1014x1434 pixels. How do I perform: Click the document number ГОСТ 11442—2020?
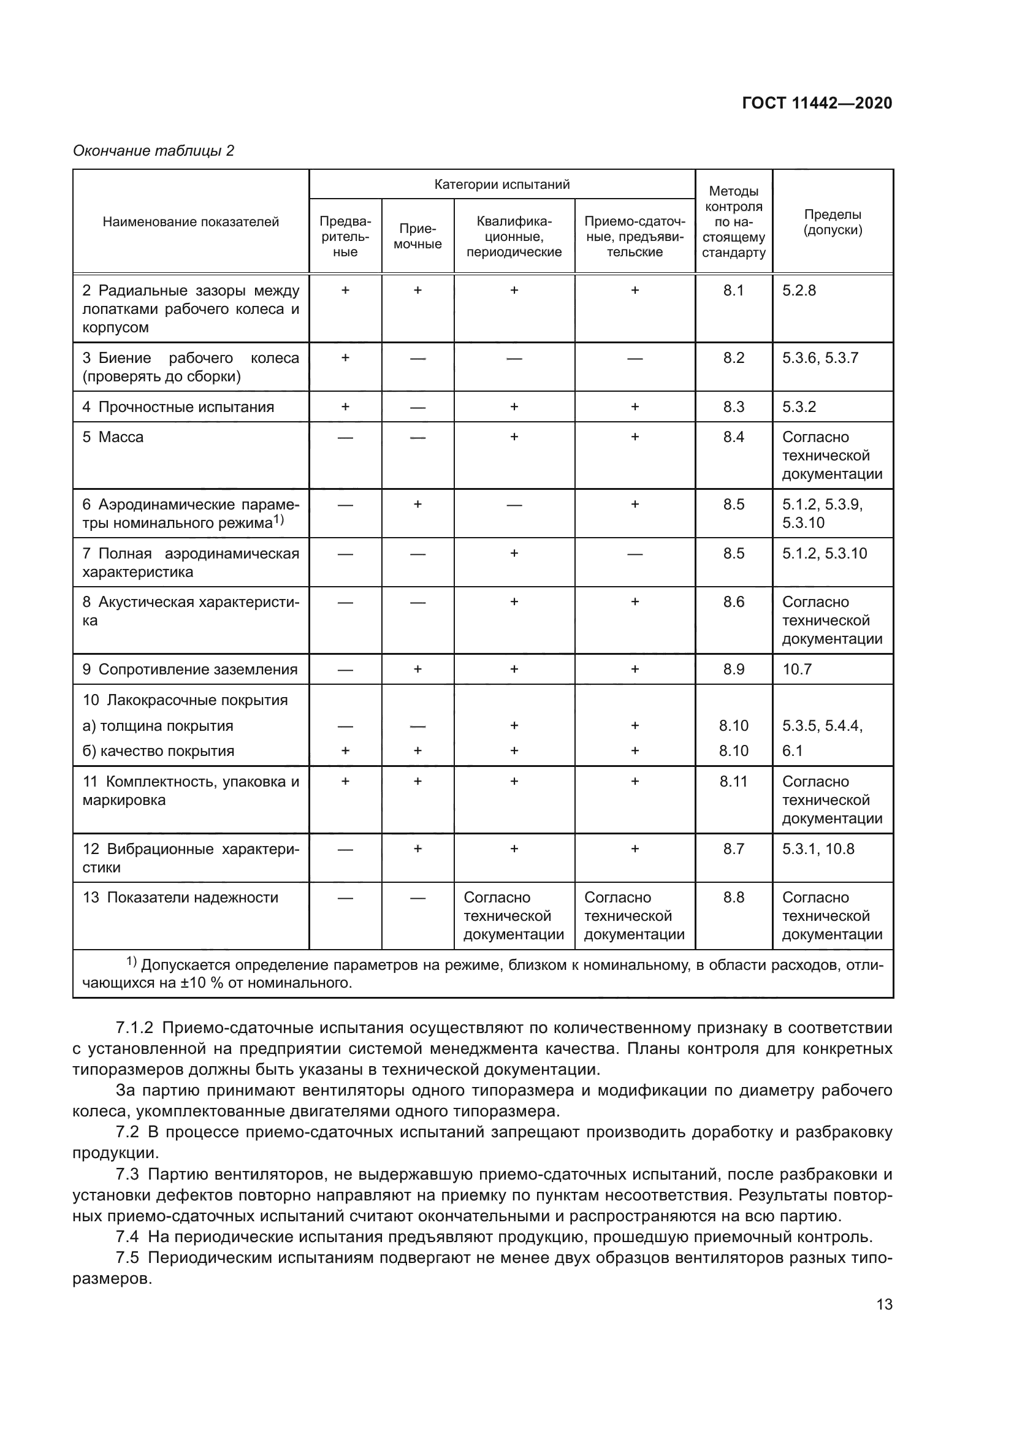pos(817,103)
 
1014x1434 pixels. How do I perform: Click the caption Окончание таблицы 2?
pos(153,151)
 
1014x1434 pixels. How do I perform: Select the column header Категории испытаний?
pos(502,185)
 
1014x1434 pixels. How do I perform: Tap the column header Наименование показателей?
pos(191,222)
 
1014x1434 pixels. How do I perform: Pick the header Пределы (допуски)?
pos(833,222)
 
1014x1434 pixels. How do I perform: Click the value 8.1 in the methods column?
pos(734,291)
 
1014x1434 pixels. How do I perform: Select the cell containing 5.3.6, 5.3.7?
pos(820,358)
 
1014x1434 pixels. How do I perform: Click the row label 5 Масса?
pos(113,437)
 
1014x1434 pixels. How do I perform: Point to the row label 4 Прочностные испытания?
pos(178,407)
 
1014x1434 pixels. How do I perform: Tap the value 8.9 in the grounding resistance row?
pos(734,669)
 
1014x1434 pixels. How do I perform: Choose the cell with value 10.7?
pos(797,669)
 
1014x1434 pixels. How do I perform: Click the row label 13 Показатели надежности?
pos(180,898)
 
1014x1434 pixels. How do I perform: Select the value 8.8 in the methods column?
pos(734,898)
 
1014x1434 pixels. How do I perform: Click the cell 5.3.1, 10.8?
pos(818,849)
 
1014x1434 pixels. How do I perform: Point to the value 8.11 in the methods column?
pos(734,781)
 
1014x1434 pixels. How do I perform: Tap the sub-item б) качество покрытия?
pos(159,751)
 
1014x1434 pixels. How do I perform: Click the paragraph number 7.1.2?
pos(134,1028)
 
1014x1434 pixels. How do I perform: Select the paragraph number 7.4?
pos(128,1237)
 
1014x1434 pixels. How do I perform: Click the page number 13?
pos(884,1304)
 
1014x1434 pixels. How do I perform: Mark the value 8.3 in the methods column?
pos(734,407)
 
